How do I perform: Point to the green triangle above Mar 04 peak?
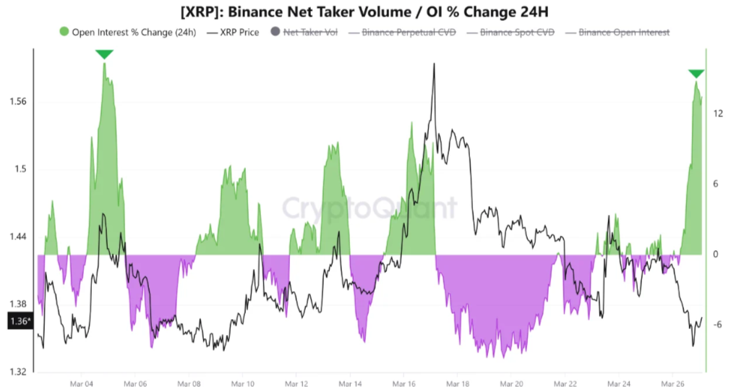point(104,54)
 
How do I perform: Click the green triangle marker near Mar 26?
point(696,74)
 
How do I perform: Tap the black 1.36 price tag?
point(20,321)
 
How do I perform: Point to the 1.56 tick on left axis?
point(18,101)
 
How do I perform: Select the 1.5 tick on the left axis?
point(20,169)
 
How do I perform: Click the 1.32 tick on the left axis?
point(18,372)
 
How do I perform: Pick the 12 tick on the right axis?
point(718,114)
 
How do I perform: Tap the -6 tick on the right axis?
point(718,324)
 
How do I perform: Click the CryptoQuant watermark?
point(369,208)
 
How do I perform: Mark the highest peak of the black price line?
point(434,64)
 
